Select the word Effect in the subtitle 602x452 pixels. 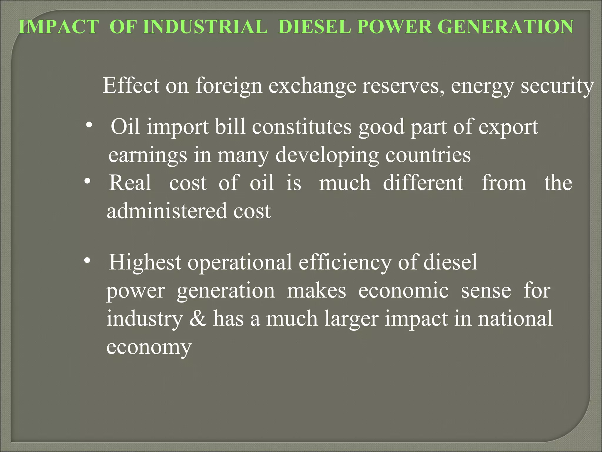(131, 85)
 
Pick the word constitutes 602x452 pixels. (302, 127)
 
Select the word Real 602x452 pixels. (130, 183)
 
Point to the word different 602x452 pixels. (423, 183)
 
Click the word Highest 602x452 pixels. (145, 262)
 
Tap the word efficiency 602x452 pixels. (345, 262)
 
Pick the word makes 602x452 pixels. (316, 290)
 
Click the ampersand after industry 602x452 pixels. (198, 318)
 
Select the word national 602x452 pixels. (515, 318)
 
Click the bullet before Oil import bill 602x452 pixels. (89, 126)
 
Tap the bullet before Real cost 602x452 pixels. (87, 182)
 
